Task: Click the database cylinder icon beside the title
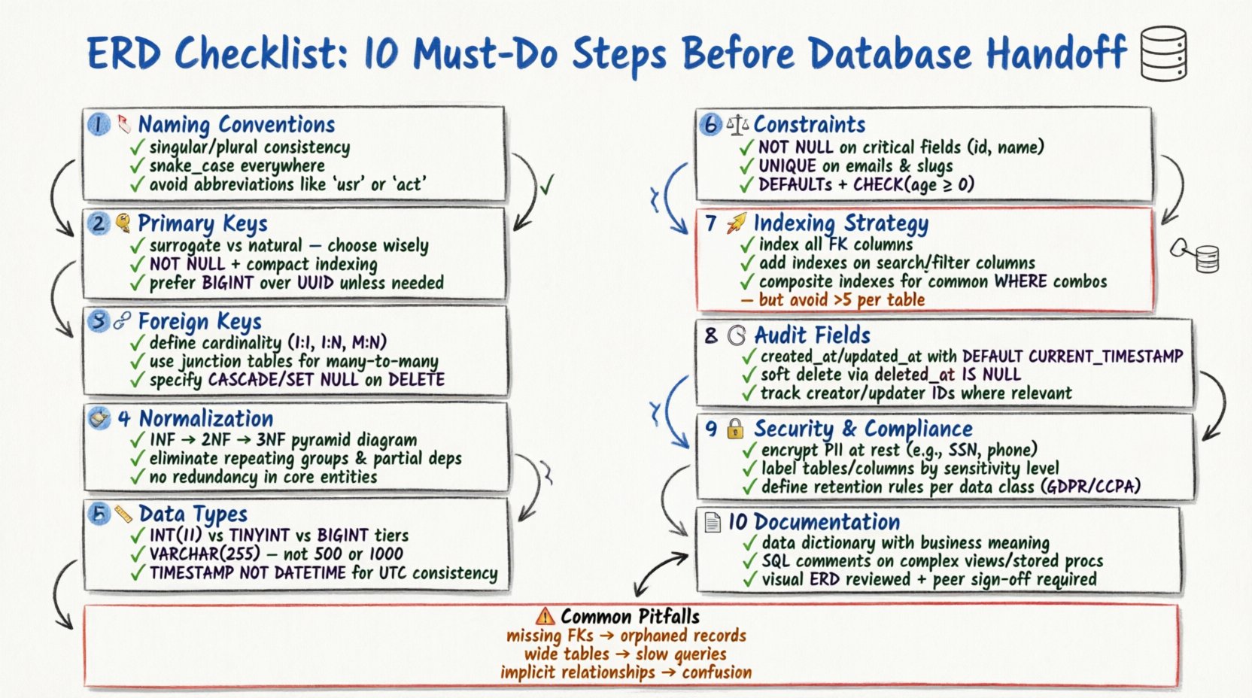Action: click(1163, 53)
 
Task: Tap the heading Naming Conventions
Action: click(236, 124)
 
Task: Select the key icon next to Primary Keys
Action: click(123, 223)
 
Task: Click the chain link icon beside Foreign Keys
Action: click(122, 322)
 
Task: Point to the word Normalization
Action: click(205, 418)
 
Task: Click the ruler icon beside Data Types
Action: click(123, 514)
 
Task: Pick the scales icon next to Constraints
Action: click(738, 124)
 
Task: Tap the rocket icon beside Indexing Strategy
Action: click(737, 223)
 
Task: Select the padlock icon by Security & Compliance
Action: click(735, 429)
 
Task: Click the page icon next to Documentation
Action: click(712, 522)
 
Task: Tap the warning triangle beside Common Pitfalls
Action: click(545, 617)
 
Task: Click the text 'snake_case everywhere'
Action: click(237, 165)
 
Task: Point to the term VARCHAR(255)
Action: click(205, 554)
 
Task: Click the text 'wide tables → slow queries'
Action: click(625, 654)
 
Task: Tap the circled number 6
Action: click(710, 124)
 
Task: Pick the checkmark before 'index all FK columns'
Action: click(746, 244)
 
